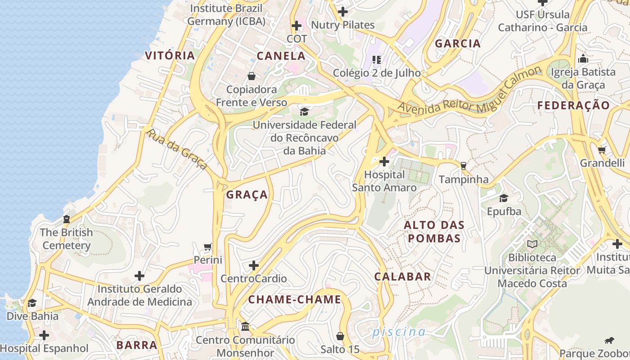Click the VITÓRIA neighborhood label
(170, 56)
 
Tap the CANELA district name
(281, 56)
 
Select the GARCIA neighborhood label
(458, 44)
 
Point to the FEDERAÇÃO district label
(574, 106)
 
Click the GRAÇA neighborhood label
(247, 195)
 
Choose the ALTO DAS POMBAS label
(434, 231)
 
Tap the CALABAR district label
(403, 277)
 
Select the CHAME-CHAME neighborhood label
(295, 300)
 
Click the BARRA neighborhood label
(137, 345)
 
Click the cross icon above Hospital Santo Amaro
(384, 161)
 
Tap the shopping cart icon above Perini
(207, 247)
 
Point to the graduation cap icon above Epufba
(504, 198)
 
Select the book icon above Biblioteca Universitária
(532, 244)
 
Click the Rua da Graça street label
(177, 149)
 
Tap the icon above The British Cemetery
(67, 219)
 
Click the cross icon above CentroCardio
(254, 265)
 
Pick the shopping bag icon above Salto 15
(340, 336)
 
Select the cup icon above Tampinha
(463, 166)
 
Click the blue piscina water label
(399, 332)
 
